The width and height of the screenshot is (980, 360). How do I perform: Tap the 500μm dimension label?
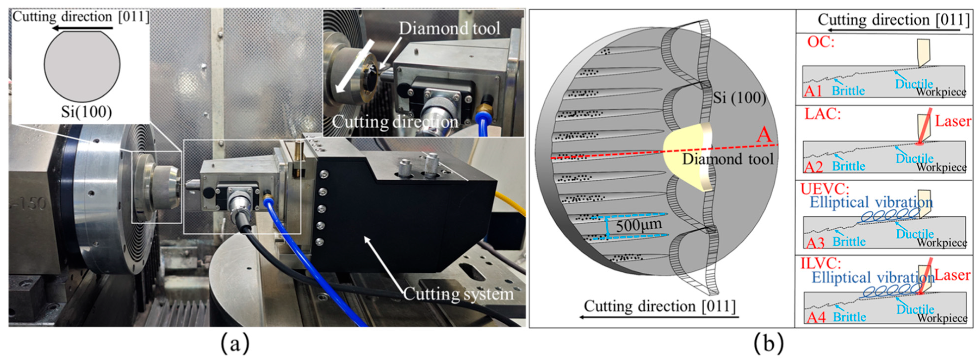638,225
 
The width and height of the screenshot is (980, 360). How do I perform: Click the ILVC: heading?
821,263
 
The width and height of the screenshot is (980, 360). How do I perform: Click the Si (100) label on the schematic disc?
739,98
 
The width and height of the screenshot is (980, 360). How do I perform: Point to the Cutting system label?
458,294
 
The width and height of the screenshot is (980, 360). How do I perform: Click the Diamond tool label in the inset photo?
449,28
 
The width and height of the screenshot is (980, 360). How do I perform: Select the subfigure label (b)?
768,343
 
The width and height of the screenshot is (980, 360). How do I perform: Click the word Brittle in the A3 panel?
849,242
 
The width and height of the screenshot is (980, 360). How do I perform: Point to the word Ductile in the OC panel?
914,83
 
